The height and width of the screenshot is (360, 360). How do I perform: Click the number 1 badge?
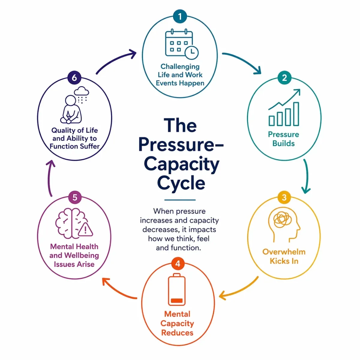[180, 16]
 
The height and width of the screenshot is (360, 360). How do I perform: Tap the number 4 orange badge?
[178, 264]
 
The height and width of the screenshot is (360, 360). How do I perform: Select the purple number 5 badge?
[75, 197]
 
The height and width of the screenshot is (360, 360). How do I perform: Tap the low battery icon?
[177, 290]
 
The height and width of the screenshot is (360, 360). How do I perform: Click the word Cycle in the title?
[181, 183]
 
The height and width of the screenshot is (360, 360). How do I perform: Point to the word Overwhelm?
[284, 252]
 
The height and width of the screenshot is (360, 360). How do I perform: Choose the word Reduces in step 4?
[177, 333]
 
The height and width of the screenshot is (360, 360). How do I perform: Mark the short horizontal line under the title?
[180, 200]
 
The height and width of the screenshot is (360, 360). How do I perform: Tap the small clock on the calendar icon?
[191, 52]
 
